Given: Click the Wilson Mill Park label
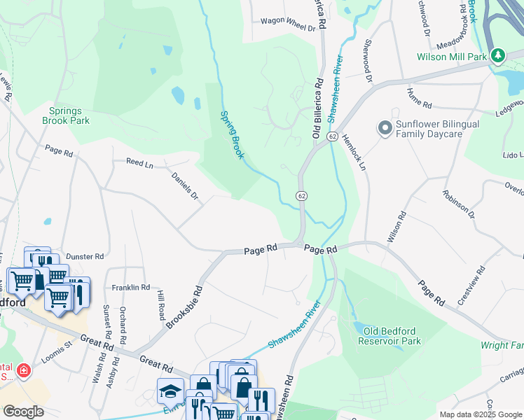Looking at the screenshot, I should pyautogui.click(x=452, y=57).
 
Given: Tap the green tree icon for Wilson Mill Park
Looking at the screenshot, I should pyautogui.click(x=497, y=55).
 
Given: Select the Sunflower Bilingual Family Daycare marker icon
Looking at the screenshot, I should pyautogui.click(x=384, y=128).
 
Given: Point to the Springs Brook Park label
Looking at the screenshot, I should pyautogui.click(x=69, y=115).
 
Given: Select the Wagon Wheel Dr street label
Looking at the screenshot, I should pyautogui.click(x=288, y=24).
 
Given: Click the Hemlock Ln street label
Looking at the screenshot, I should pyautogui.click(x=355, y=153).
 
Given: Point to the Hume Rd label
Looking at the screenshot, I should pyautogui.click(x=418, y=99).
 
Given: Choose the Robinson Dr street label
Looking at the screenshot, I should pyautogui.click(x=459, y=204).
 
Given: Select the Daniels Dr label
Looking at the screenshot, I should pyautogui.click(x=186, y=185).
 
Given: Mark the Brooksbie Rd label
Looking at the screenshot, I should pyautogui.click(x=185, y=307).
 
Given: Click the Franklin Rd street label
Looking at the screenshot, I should pyautogui.click(x=131, y=287).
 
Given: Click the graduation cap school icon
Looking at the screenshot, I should pyautogui.click(x=170, y=391).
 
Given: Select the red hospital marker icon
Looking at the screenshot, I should pyautogui.click(x=24, y=369).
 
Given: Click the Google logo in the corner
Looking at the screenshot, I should pyautogui.click(x=24, y=411).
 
